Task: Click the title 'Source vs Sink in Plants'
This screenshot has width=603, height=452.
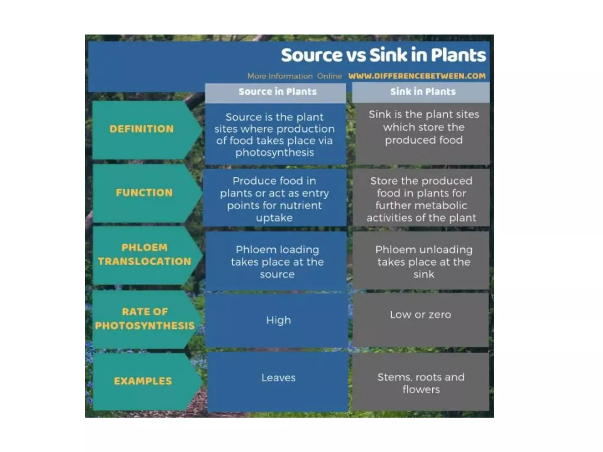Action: (383, 55)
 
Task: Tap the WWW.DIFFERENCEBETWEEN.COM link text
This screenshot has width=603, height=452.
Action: (417, 76)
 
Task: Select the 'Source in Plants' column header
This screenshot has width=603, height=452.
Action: (277, 92)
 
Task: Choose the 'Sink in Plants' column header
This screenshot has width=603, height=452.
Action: (423, 92)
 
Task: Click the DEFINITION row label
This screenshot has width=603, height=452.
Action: (142, 129)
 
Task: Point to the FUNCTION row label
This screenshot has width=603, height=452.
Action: (144, 193)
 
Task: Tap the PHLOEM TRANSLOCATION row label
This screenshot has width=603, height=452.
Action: (145, 255)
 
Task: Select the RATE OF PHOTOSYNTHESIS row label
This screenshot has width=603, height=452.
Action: (145, 319)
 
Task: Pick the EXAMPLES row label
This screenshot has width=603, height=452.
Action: (143, 381)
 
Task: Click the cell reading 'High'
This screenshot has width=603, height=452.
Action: (278, 320)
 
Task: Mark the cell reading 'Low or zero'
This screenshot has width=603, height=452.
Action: (420, 315)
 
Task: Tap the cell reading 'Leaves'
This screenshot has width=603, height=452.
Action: (278, 378)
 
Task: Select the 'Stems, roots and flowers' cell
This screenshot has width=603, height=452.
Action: (421, 383)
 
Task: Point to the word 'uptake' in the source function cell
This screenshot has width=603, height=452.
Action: (274, 218)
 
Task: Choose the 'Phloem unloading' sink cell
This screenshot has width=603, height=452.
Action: (424, 262)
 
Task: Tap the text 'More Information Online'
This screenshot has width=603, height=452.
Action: (294, 77)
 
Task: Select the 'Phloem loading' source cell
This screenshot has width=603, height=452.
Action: (277, 262)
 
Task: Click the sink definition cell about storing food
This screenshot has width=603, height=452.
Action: (424, 127)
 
